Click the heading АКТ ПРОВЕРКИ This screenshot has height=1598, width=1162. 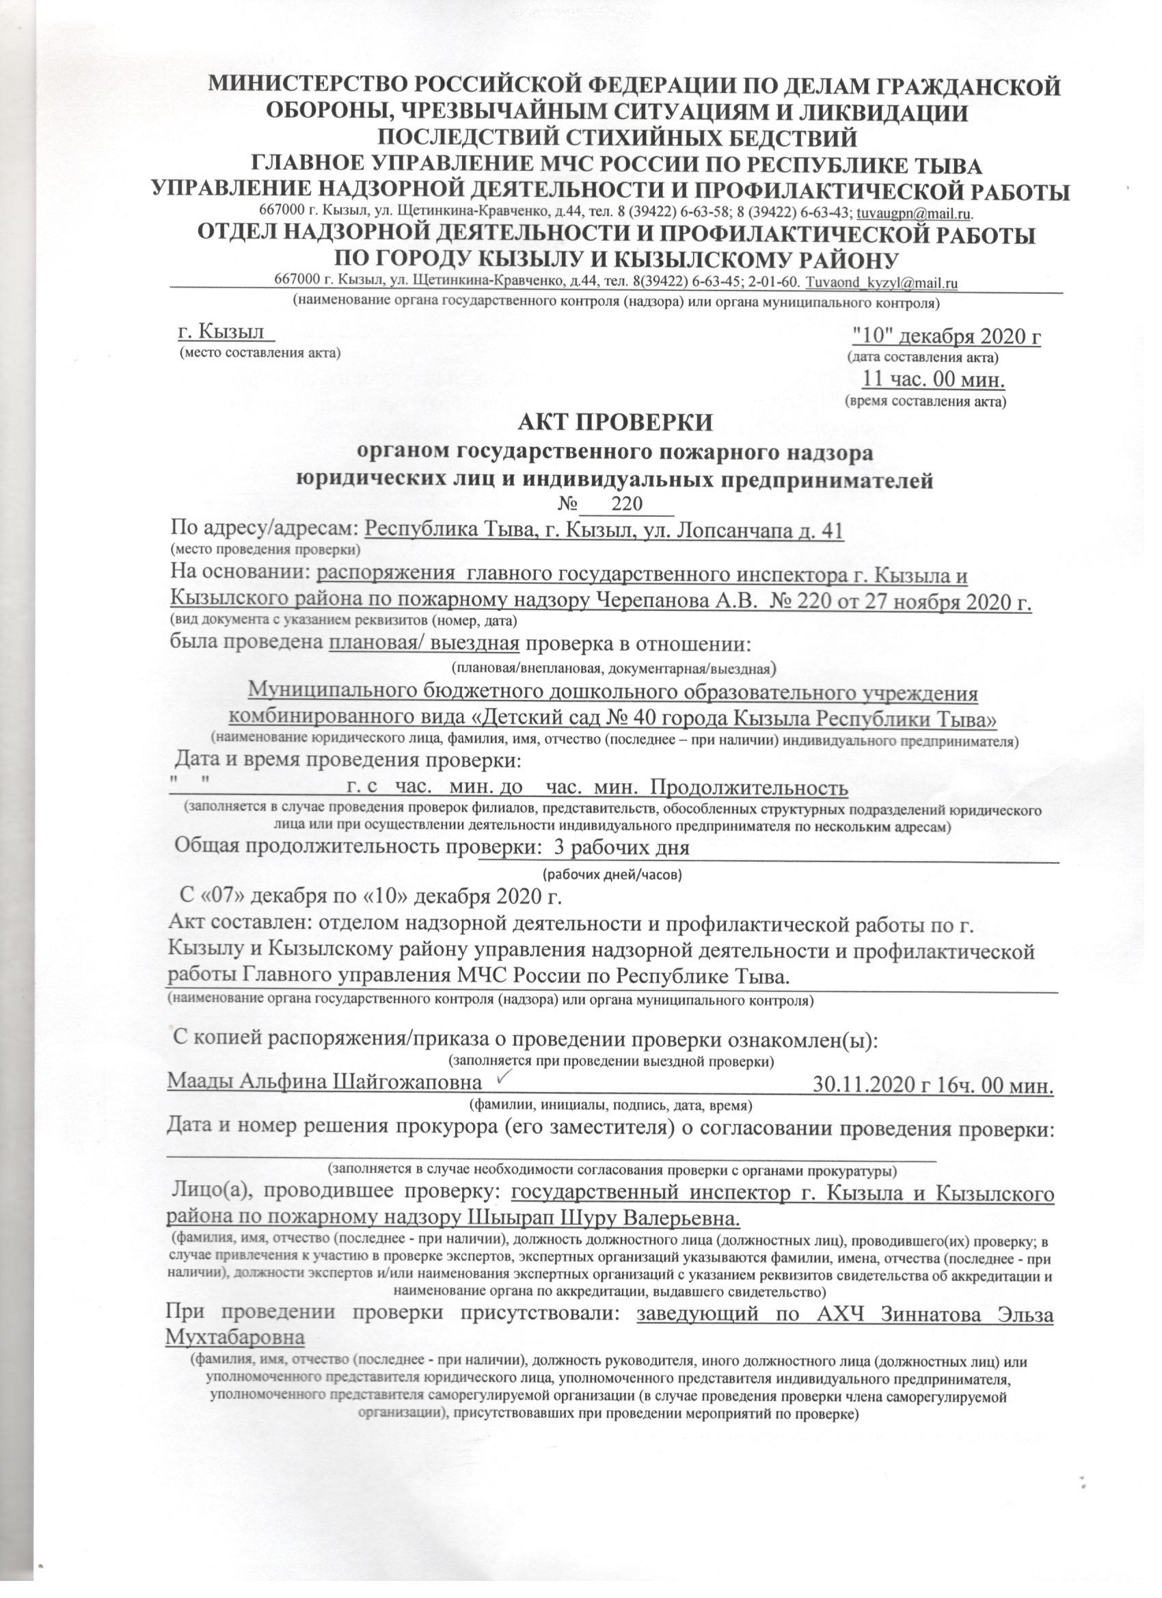pos(616,423)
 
